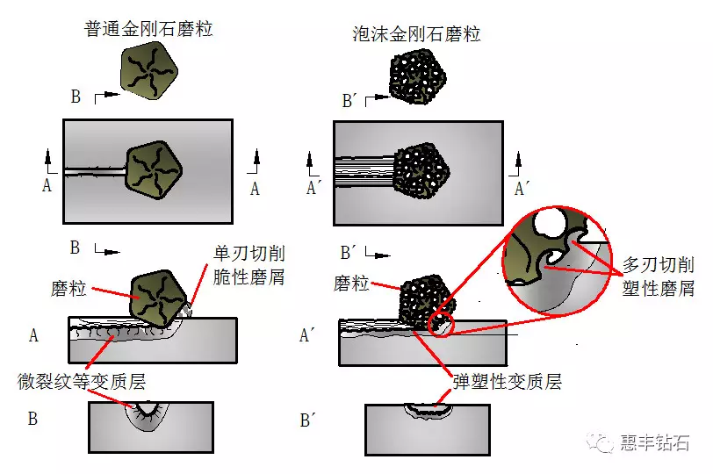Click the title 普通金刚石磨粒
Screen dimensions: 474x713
(148, 29)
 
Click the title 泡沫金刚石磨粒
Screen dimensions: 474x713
(415, 34)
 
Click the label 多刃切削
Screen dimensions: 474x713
(659, 264)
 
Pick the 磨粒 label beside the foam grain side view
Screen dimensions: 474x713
(352, 284)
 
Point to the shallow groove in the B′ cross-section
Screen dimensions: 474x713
(428, 409)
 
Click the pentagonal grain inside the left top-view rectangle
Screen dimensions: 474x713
(154, 168)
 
